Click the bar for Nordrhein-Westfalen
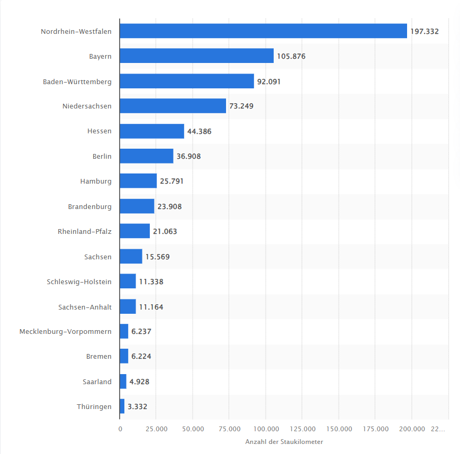(x=264, y=31)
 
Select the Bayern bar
(x=197, y=56)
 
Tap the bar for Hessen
(x=152, y=131)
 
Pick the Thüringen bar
(x=122, y=406)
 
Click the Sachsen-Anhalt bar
(x=128, y=306)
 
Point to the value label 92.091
(x=269, y=81)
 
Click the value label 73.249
(x=241, y=106)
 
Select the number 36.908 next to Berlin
(x=188, y=156)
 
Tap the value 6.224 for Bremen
(x=141, y=356)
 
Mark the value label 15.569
(x=158, y=257)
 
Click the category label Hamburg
(x=96, y=181)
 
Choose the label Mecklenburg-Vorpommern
(x=66, y=332)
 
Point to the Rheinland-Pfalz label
(x=85, y=231)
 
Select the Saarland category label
(x=97, y=382)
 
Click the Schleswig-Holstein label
(x=79, y=282)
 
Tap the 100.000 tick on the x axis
(x=266, y=429)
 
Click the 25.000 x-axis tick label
(x=156, y=429)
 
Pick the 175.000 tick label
(x=375, y=429)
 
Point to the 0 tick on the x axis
(x=120, y=429)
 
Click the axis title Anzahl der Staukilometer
(x=284, y=442)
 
